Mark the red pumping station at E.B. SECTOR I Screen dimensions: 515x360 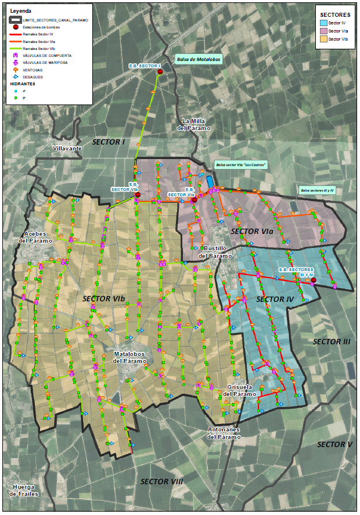pyautogui.click(x=160, y=71)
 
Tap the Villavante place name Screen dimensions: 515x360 pyautogui.click(x=67, y=149)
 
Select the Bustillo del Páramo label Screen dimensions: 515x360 pyautogui.click(x=215, y=252)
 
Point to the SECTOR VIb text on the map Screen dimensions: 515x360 pyautogui.click(x=104, y=299)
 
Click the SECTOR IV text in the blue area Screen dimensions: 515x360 pyautogui.click(x=275, y=299)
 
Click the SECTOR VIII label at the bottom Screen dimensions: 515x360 pyautogui.click(x=161, y=482)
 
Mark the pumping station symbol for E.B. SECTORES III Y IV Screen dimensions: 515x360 pyautogui.click(x=314, y=280)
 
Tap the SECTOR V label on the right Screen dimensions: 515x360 pyautogui.click(x=334, y=444)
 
